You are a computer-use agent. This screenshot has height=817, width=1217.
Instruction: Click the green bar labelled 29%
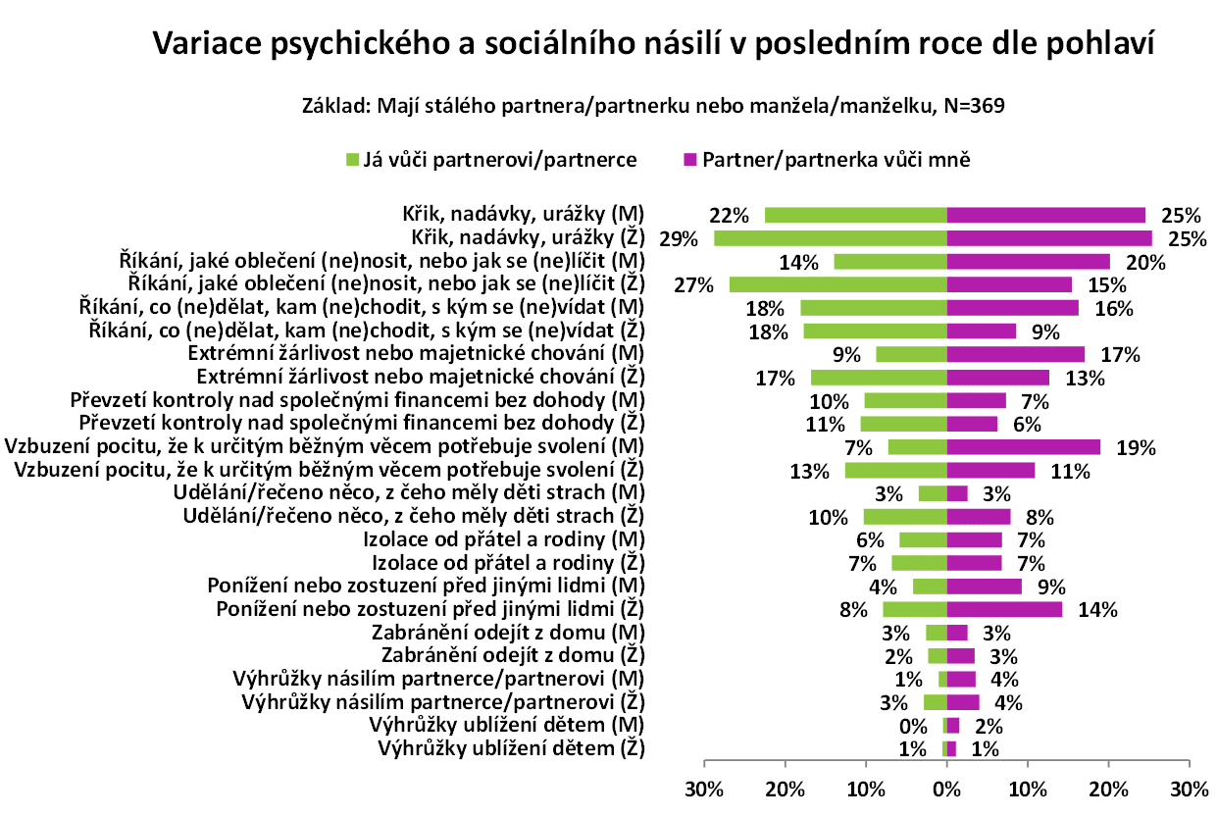[x=830, y=238]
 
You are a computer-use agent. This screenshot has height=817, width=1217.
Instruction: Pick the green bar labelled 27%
[x=837, y=284]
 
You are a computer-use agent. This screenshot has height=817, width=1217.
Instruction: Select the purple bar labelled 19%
[x=1023, y=447]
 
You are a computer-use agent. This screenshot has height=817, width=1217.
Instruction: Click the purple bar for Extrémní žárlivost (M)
[x=1015, y=354]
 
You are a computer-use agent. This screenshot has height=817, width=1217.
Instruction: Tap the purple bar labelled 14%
[x=1004, y=610]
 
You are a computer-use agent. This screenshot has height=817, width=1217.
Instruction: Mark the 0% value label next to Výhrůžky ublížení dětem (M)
[x=913, y=727]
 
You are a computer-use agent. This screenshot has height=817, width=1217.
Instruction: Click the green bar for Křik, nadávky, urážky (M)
[x=855, y=215]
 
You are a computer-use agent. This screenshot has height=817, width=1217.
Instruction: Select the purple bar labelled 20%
[x=1028, y=261]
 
